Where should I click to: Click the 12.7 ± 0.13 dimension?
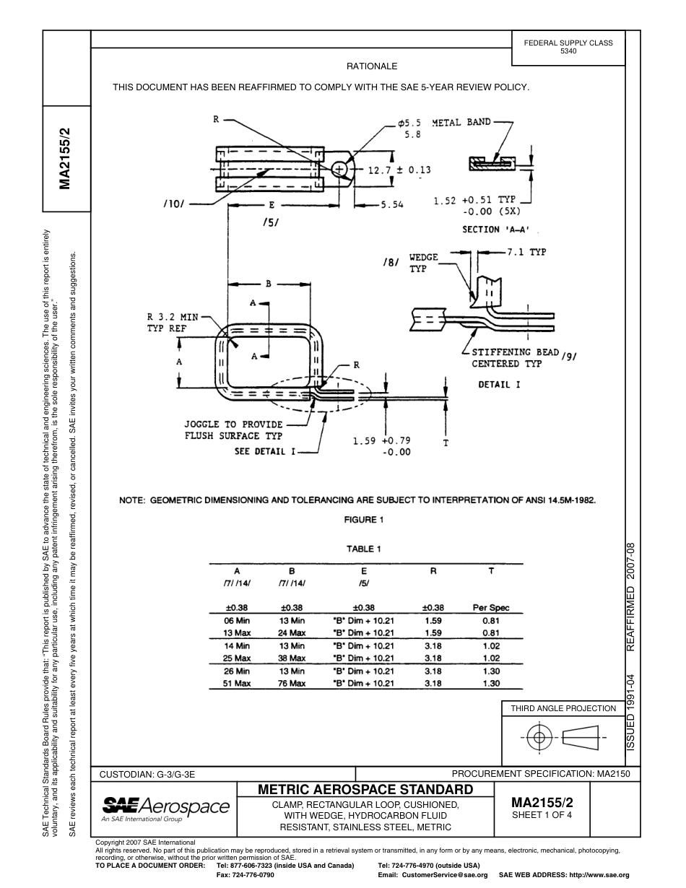point(399,170)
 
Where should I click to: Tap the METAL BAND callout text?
point(461,122)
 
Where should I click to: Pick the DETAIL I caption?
point(499,385)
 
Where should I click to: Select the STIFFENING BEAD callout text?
point(516,352)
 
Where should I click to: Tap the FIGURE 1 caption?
point(364,520)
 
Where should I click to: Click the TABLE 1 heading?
point(364,549)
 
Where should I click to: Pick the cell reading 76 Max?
point(292,684)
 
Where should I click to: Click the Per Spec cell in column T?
point(491,608)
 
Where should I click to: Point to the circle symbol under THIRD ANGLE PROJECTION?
point(537,737)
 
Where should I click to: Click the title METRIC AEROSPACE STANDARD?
point(365,789)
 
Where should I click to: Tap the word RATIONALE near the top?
point(372,66)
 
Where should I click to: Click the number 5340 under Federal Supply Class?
point(568,52)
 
